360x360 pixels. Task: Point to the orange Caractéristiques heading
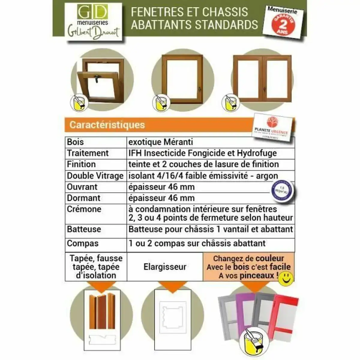click(107, 125)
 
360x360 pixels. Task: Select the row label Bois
click(76, 142)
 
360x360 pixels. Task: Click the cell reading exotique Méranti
click(160, 142)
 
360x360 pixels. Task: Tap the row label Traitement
click(88, 153)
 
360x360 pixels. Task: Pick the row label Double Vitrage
click(95, 176)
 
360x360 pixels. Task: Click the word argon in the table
click(267, 176)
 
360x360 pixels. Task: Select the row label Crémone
click(84, 209)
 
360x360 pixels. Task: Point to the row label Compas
click(82, 243)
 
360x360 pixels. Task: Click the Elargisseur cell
click(165, 267)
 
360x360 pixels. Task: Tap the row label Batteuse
click(84, 229)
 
